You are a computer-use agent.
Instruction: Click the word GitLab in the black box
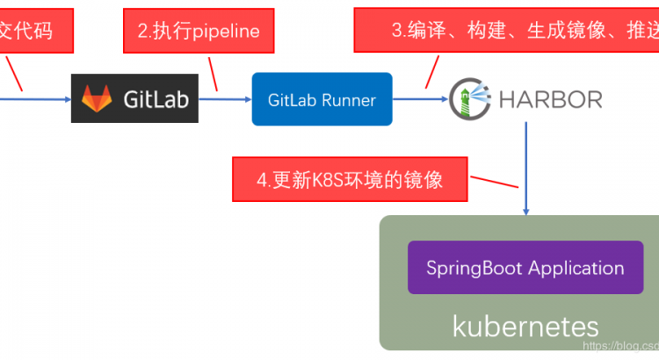pyautogui.click(x=156, y=99)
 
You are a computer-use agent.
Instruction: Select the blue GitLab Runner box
pyautogui.click(x=322, y=99)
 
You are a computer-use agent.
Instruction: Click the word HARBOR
pyautogui.click(x=551, y=98)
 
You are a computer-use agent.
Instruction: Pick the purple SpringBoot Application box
pyautogui.click(x=525, y=268)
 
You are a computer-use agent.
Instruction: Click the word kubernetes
pyautogui.click(x=525, y=326)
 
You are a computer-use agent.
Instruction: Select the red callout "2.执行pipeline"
pyautogui.click(x=199, y=31)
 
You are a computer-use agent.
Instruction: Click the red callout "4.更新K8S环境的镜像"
pyautogui.click(x=350, y=179)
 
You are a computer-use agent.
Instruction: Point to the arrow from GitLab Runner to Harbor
pyautogui.click(x=420, y=99)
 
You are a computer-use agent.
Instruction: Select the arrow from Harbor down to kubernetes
pyautogui.click(x=526, y=167)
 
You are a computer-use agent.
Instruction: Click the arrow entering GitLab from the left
pyautogui.click(x=35, y=99)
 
